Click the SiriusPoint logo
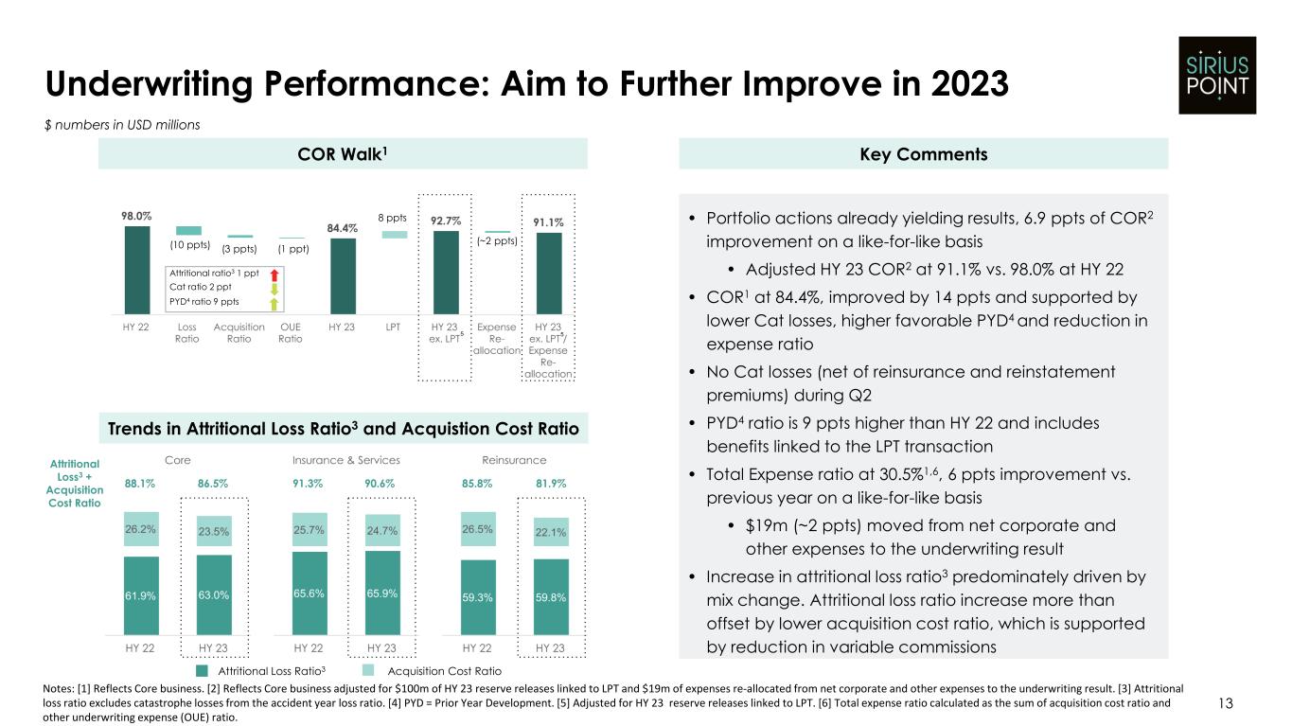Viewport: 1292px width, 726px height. (1217, 75)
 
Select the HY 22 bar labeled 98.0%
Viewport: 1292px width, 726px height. (136, 269)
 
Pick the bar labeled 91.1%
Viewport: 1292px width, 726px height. (548, 273)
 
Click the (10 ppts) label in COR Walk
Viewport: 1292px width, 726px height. (189, 244)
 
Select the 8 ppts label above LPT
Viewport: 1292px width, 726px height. (395, 217)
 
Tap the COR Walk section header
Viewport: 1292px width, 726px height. (343, 153)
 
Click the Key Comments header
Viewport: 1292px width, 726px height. (923, 153)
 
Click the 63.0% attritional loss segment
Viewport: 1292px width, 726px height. (214, 595)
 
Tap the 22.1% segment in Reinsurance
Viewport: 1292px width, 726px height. (551, 533)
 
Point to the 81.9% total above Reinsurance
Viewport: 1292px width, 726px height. (551, 483)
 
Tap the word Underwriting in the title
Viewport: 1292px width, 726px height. (150, 86)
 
